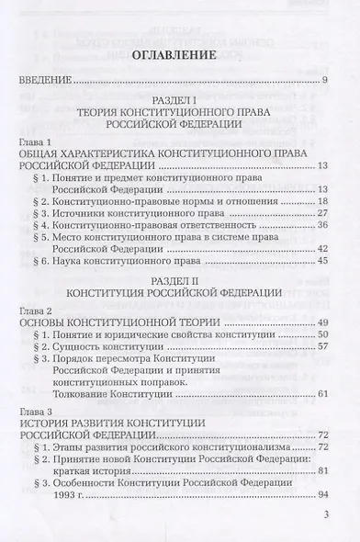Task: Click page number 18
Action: (334, 200)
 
